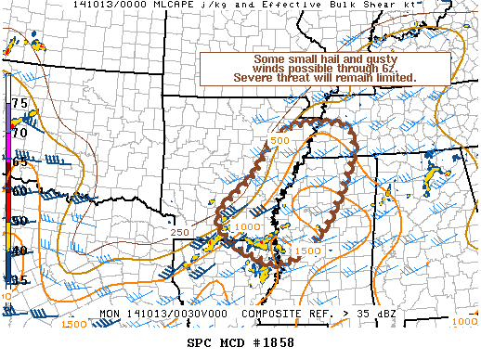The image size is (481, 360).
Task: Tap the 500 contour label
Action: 279,140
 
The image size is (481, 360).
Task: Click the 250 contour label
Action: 181,232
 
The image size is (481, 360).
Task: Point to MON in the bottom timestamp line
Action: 110,313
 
